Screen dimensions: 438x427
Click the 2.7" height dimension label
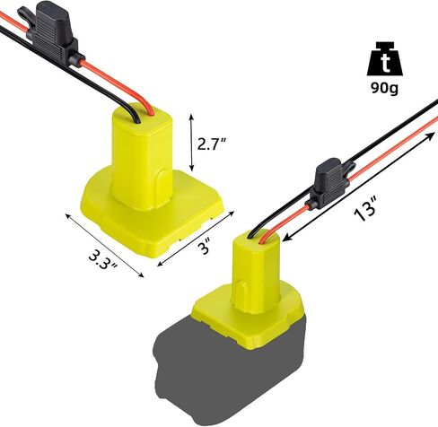[x=211, y=144]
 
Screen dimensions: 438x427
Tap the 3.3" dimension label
[x=103, y=258]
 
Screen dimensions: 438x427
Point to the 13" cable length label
[x=364, y=209]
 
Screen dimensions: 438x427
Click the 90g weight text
[x=384, y=88]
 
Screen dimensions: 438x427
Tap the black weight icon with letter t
[x=385, y=58]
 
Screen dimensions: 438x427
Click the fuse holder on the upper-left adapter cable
[x=51, y=33]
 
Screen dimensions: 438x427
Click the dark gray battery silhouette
[x=230, y=372]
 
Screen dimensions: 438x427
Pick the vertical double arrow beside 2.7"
[x=191, y=143]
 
